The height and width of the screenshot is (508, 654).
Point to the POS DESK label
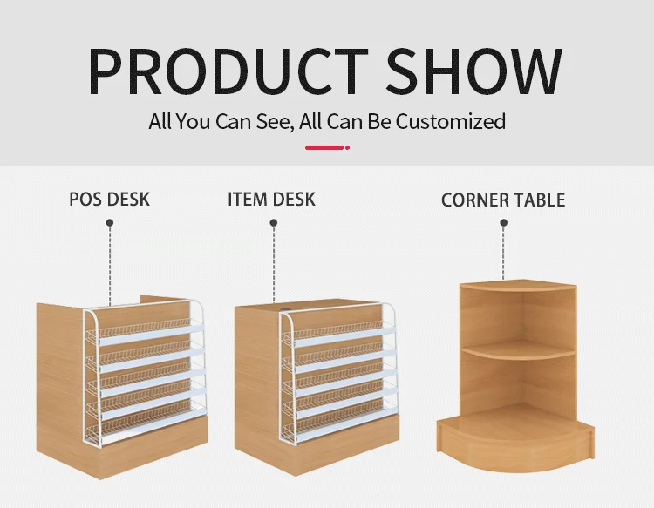tap(109, 199)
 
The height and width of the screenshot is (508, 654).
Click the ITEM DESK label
tap(271, 199)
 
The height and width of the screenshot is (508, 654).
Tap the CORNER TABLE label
tap(503, 200)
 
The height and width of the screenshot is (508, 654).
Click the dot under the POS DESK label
tap(110, 223)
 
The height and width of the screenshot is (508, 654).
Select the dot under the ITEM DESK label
tap(273, 223)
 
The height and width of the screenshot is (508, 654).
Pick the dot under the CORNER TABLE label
tap(503, 223)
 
